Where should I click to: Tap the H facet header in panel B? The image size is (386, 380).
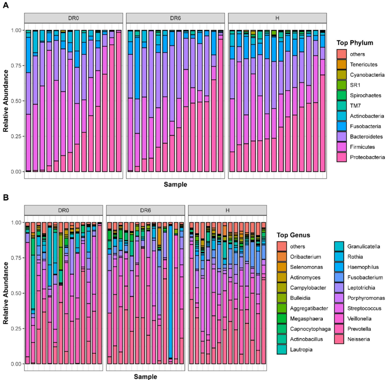[227, 210]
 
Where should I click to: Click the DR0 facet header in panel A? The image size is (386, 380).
[74, 18]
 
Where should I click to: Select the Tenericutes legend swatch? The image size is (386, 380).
[341, 64]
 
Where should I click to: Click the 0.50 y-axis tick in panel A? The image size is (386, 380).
[16, 101]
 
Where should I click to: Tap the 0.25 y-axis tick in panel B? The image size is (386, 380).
[16, 328]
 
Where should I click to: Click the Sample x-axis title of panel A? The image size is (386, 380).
[175, 185]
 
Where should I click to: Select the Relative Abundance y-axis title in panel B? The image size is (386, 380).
[6, 293]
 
